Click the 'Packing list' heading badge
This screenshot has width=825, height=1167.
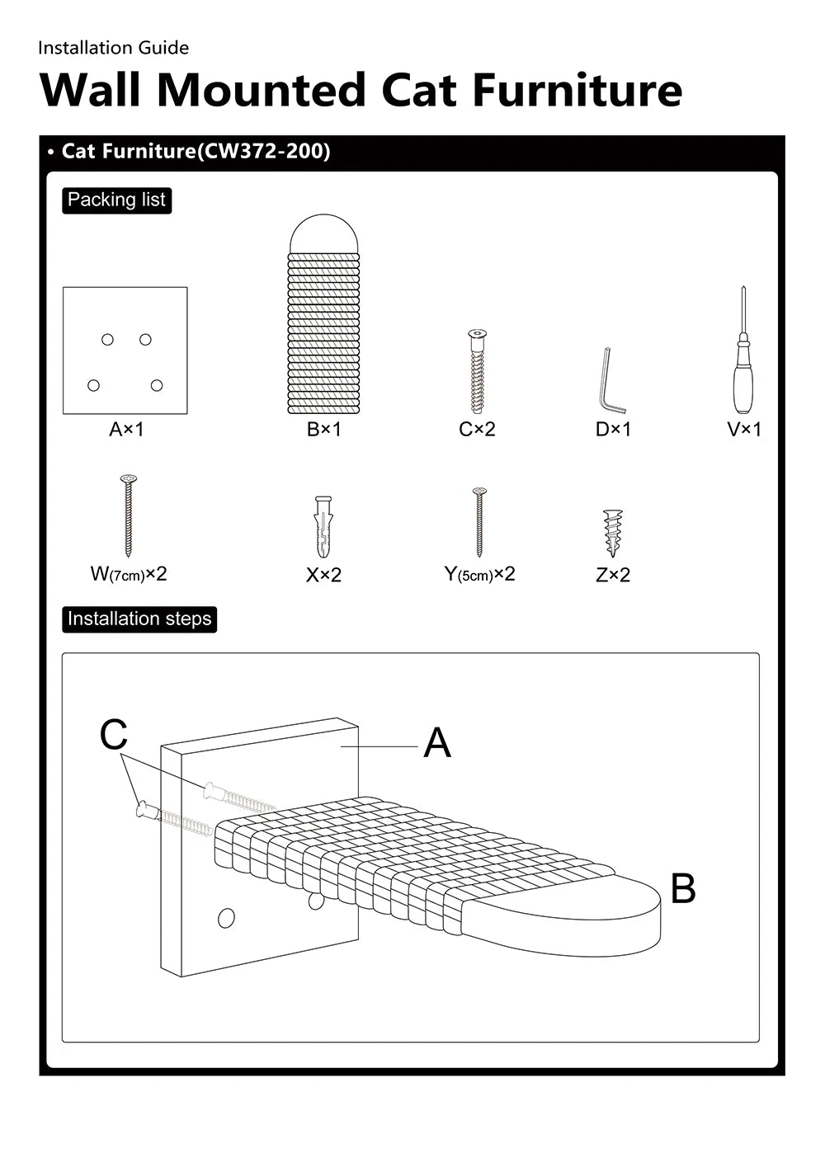pyautogui.click(x=116, y=200)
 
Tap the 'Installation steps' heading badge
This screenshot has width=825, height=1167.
pyautogui.click(x=139, y=619)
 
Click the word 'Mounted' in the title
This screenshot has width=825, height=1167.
pyautogui.click(x=262, y=90)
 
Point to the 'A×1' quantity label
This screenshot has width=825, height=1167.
pyautogui.click(x=126, y=430)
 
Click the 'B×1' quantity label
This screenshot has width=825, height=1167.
pyautogui.click(x=323, y=430)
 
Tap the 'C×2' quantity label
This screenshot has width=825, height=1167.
pyautogui.click(x=477, y=430)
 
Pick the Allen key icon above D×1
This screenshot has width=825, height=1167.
pyautogui.click(x=611, y=381)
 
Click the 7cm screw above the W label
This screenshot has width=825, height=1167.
pyautogui.click(x=128, y=515)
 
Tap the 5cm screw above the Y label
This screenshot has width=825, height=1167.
pyautogui.click(x=479, y=522)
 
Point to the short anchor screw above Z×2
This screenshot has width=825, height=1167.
pyautogui.click(x=611, y=533)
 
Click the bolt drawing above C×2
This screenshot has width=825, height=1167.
pyautogui.click(x=477, y=371)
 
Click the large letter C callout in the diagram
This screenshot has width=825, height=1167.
pyautogui.click(x=114, y=735)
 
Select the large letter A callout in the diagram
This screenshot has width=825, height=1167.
pyautogui.click(x=436, y=743)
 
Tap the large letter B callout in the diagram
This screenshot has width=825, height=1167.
pyautogui.click(x=683, y=889)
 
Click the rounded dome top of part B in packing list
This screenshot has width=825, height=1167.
pyautogui.click(x=323, y=234)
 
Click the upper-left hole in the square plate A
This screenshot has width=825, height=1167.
pyautogui.click(x=107, y=339)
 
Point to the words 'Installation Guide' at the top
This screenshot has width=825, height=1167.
pyautogui.click(x=113, y=48)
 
